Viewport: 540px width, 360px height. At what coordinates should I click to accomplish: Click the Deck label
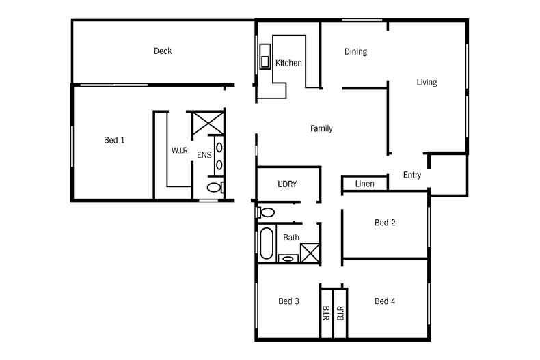click(163, 51)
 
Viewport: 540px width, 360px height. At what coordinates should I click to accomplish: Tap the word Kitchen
click(288, 64)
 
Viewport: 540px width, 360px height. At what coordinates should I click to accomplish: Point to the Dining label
click(355, 51)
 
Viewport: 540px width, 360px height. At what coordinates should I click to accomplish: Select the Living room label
click(427, 83)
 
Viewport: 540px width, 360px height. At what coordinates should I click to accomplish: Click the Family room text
click(321, 128)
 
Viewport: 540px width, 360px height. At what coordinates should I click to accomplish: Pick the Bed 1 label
click(114, 140)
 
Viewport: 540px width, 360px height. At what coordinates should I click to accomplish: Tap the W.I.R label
click(180, 150)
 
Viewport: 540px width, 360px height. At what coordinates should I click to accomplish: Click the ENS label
click(204, 156)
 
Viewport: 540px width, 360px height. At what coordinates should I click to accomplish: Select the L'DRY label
click(287, 184)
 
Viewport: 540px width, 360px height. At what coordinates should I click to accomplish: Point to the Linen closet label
click(364, 184)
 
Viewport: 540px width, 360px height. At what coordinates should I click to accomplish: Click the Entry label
click(412, 176)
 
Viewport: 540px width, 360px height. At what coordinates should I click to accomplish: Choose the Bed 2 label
click(385, 223)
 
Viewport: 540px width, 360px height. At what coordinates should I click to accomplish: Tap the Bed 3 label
click(289, 301)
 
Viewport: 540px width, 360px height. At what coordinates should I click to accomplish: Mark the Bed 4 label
click(385, 301)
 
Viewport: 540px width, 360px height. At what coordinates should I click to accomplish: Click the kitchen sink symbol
click(265, 59)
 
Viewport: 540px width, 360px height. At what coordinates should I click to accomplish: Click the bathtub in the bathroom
click(267, 242)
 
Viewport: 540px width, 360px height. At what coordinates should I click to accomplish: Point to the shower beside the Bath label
click(310, 252)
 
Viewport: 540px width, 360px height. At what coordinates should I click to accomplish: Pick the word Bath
click(291, 238)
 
